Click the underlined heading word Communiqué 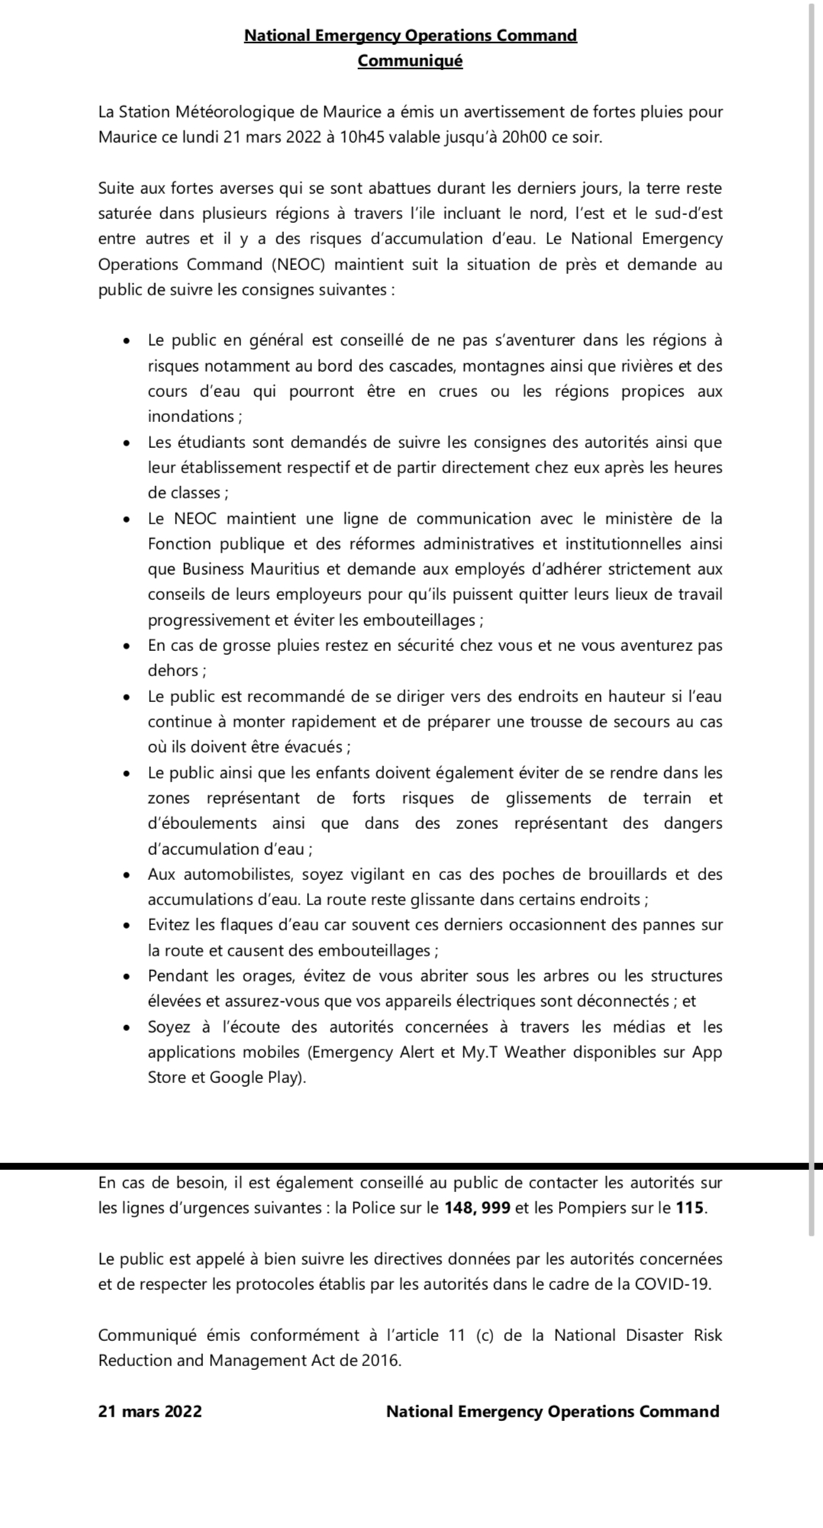pos(410,61)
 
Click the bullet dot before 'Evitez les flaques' pos(127,926)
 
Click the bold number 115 pos(689,1208)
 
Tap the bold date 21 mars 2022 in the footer pos(150,1411)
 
